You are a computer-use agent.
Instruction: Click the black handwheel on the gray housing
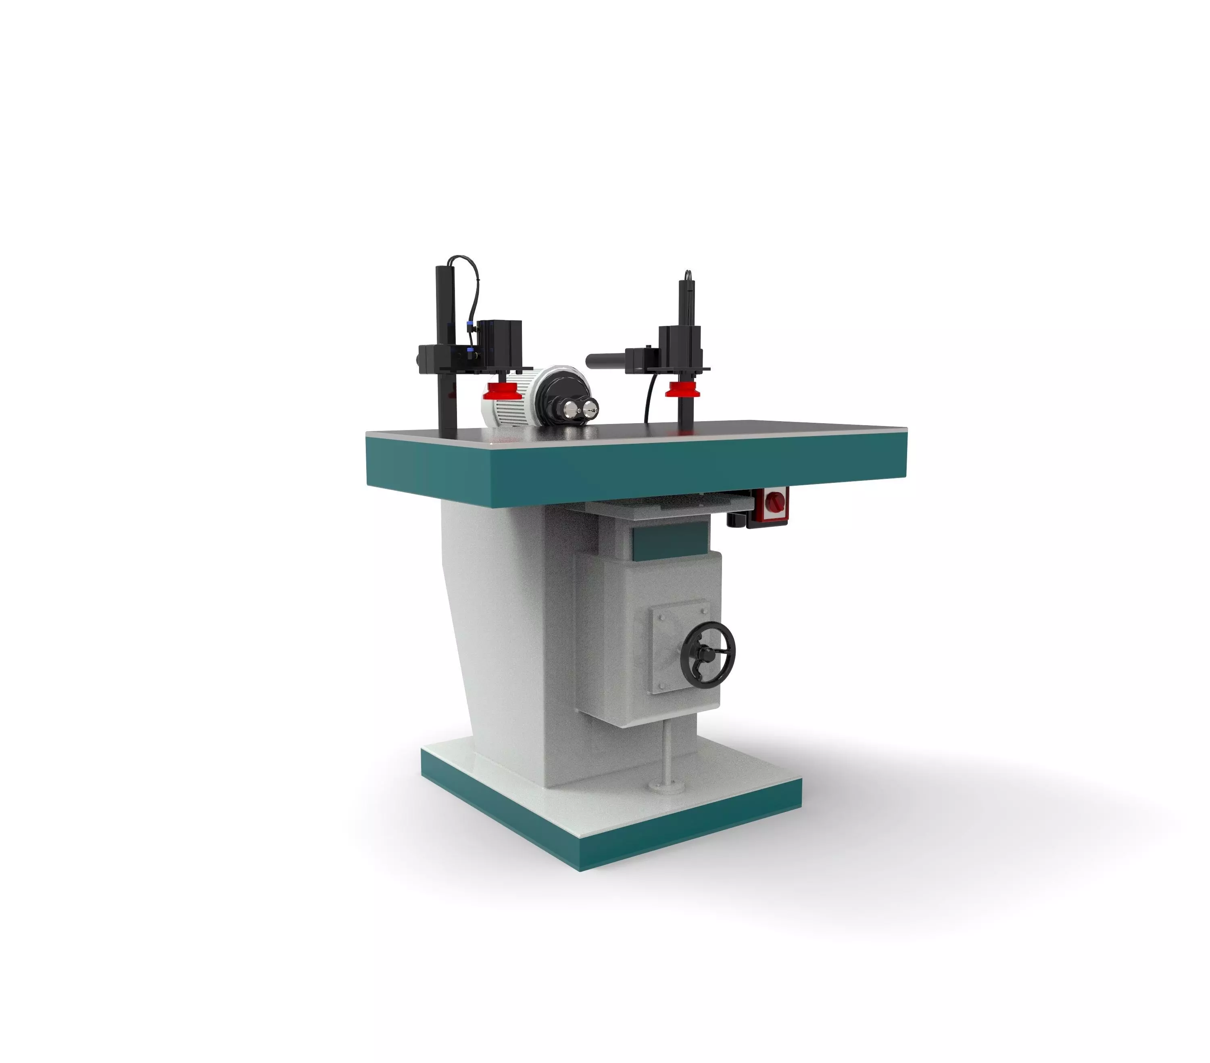(707, 652)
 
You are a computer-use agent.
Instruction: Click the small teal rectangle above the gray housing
(670, 542)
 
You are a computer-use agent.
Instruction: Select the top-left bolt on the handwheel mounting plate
(662, 616)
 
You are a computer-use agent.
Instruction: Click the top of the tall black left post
(444, 270)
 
